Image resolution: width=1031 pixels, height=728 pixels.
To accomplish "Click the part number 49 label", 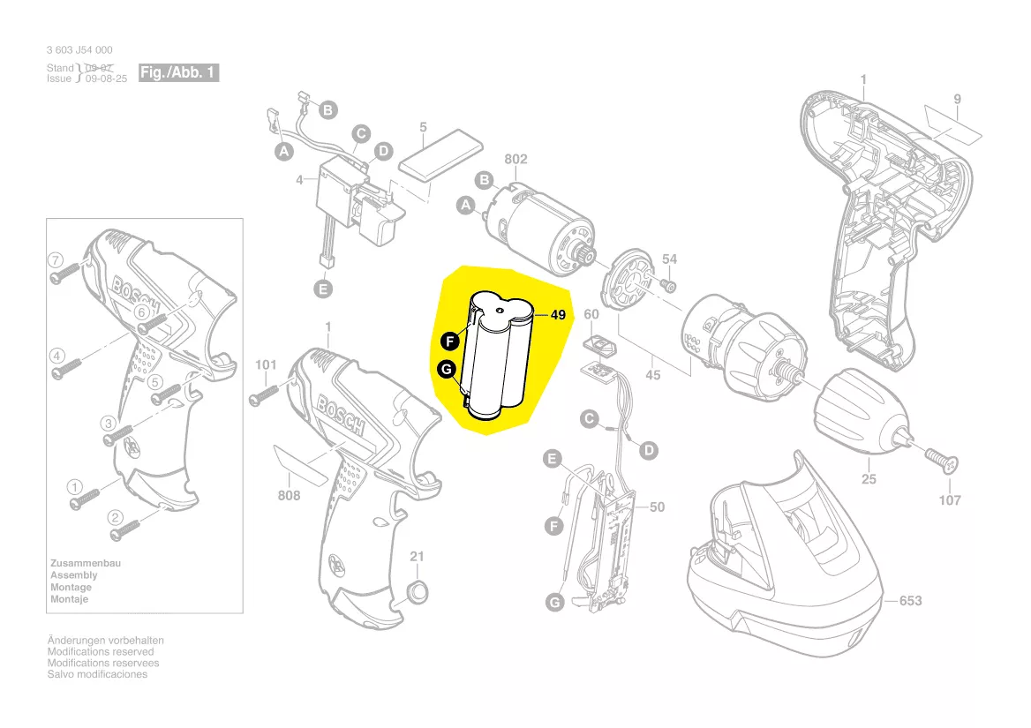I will pos(557,314).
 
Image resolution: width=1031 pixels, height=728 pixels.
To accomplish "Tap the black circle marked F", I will pos(449,341).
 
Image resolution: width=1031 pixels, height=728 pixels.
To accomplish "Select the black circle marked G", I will pos(446,369).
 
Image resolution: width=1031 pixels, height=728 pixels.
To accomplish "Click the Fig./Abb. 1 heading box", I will pos(178,72).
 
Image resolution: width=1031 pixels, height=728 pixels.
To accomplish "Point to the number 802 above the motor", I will pos(515,159).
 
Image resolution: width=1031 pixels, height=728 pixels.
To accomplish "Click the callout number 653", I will pos(910,601).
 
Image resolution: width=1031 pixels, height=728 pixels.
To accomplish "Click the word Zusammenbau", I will pos(86,563).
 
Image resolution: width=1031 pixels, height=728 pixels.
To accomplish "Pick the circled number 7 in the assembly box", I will pos(56,260).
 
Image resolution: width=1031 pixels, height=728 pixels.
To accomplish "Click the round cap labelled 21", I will pos(418,590).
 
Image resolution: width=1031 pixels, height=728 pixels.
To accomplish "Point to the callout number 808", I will pos(289,495).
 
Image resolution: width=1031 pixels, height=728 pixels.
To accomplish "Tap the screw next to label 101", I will pos(266,392).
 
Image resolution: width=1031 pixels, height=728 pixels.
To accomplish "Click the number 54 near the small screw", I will pos(670,259).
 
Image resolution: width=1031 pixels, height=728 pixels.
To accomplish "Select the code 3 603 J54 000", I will pos(79,50).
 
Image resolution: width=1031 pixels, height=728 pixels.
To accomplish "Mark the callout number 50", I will pos(657,507).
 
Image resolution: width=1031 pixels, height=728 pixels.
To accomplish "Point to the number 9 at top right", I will pos(957,99).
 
